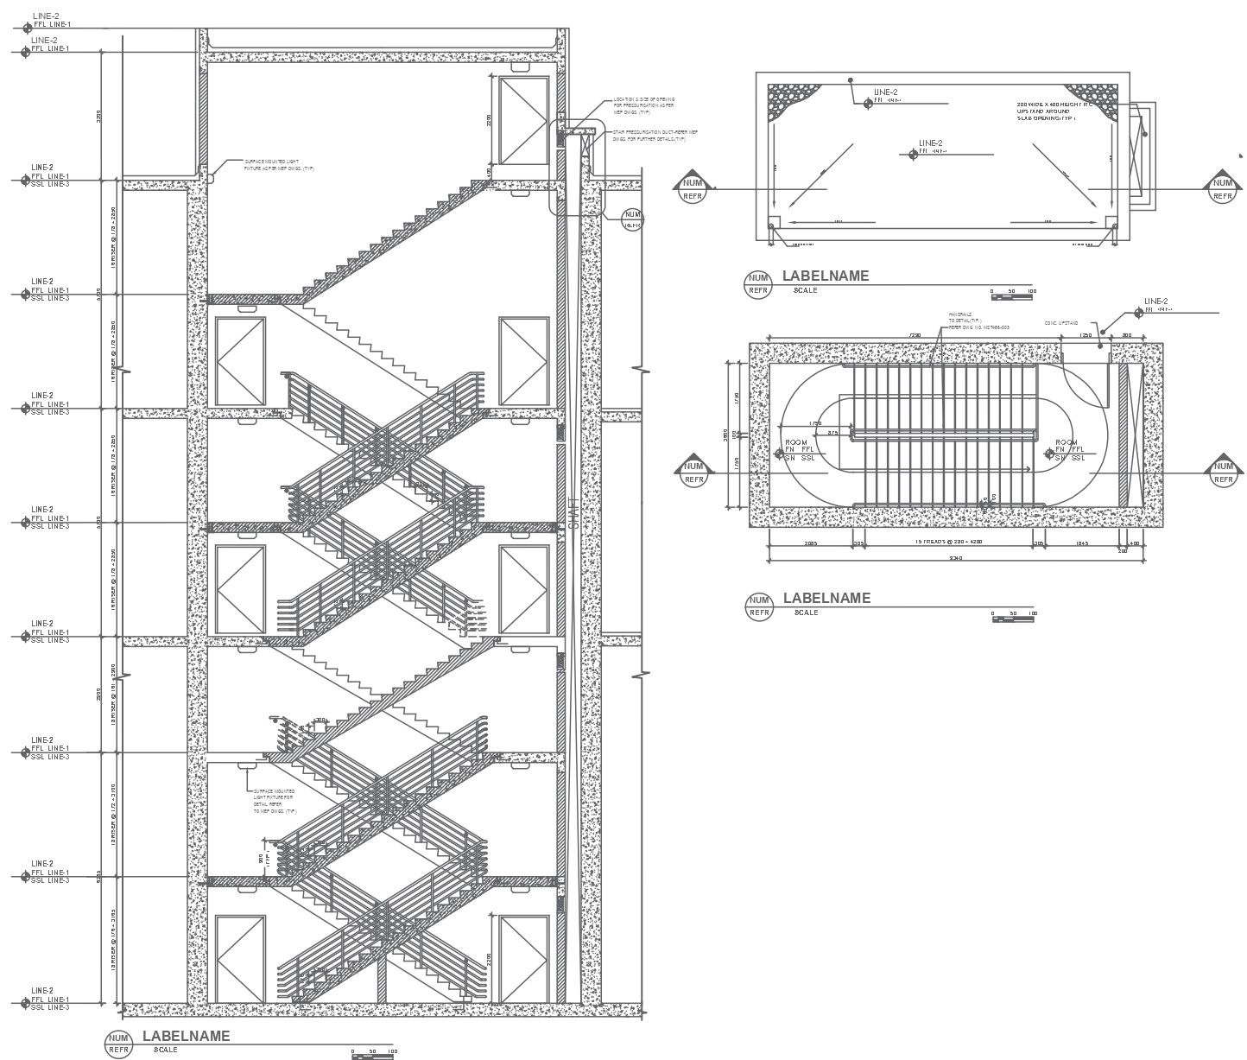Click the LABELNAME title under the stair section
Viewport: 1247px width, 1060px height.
[x=186, y=1036]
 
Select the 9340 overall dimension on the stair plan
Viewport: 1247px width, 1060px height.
[x=956, y=558]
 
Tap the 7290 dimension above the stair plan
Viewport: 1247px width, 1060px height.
[x=914, y=334]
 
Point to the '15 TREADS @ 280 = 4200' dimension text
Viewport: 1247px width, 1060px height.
[x=949, y=543]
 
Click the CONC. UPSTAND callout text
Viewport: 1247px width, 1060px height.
[x=1060, y=323]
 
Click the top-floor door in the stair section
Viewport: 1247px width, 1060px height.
[x=523, y=119]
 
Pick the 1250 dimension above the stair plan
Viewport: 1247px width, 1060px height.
[x=1086, y=334]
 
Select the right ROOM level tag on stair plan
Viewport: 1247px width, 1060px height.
[x=1070, y=450]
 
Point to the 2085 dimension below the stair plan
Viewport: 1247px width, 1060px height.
[x=810, y=543]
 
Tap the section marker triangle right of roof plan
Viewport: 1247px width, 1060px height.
[x=1222, y=185]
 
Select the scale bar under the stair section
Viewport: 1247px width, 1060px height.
[x=374, y=1052]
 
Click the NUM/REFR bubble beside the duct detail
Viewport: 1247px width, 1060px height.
[x=633, y=218]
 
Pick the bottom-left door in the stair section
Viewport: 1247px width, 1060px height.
[x=239, y=959]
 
